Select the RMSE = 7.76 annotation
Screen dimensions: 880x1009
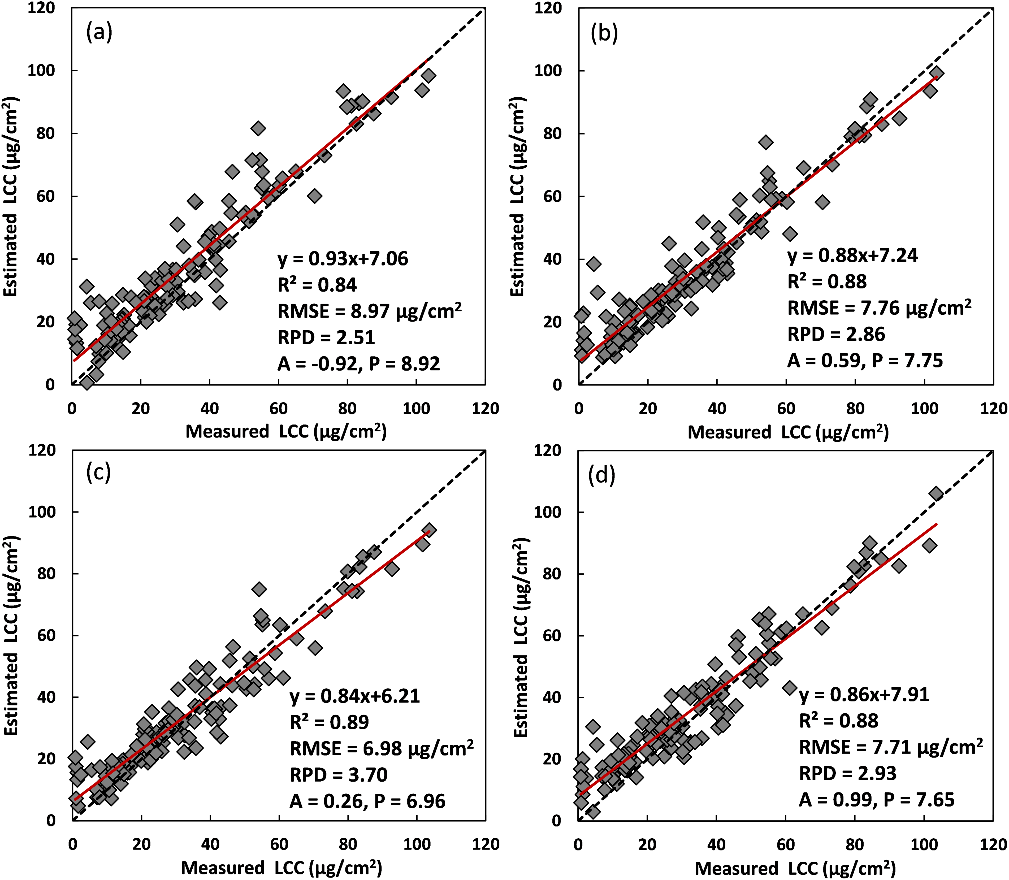879,308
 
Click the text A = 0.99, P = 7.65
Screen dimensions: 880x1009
876,800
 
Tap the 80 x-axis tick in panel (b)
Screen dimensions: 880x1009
855,409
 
